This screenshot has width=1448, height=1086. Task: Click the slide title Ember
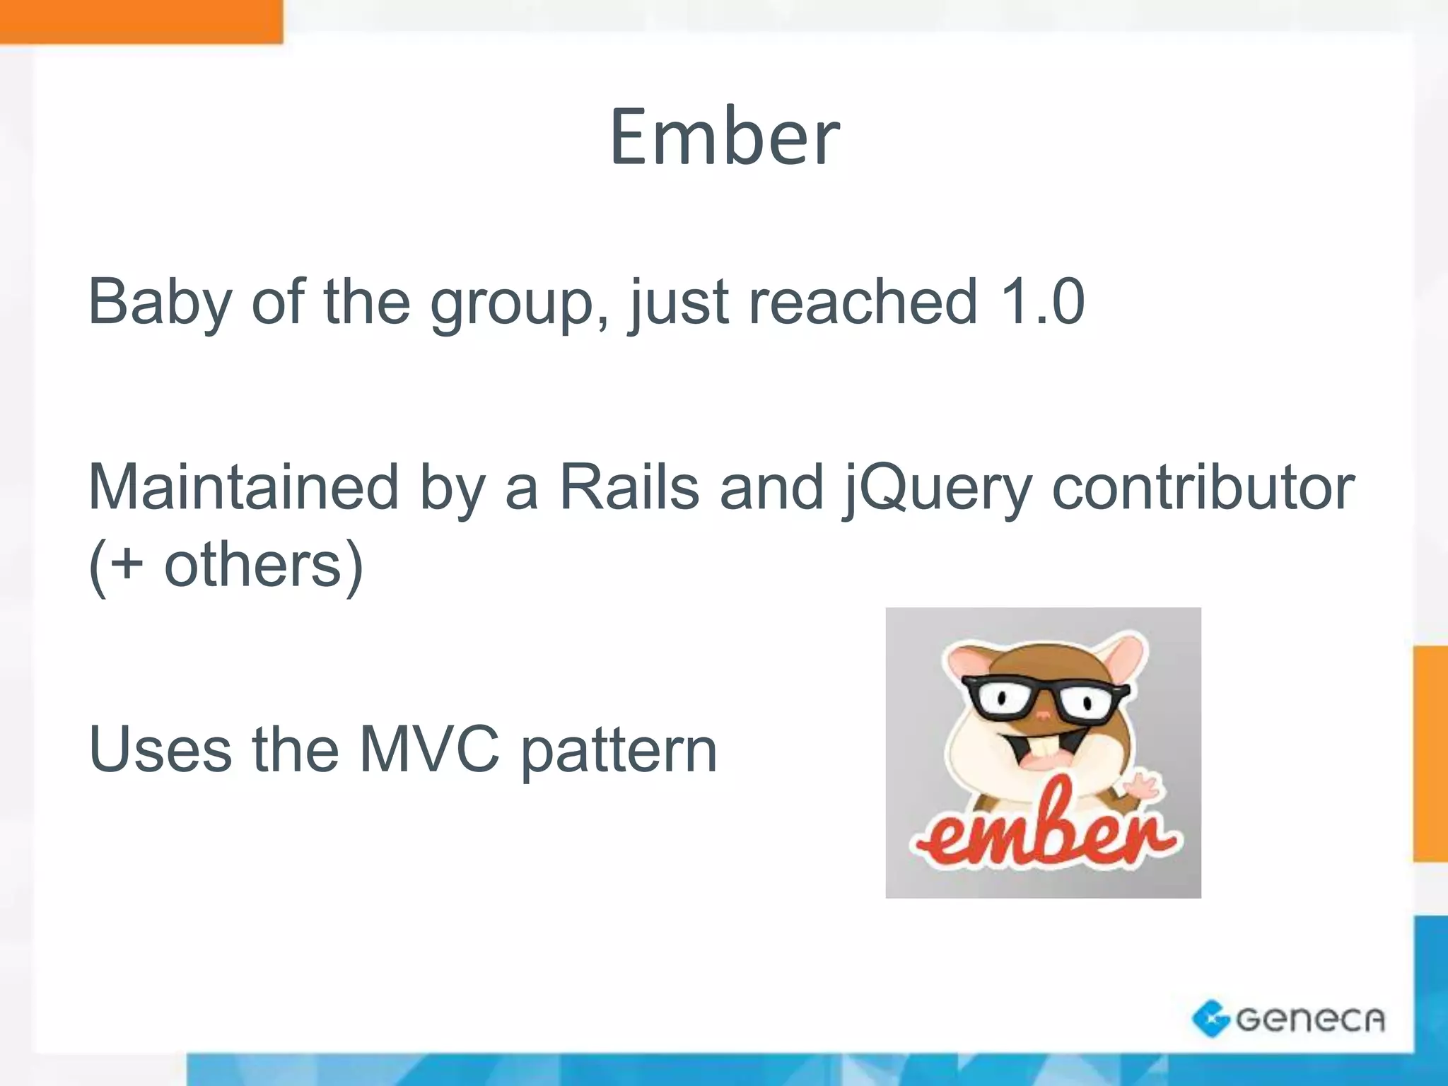pos(724,137)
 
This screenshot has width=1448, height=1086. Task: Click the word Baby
pos(160,303)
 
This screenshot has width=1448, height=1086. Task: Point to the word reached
pos(862,302)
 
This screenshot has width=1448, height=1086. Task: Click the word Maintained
pos(243,487)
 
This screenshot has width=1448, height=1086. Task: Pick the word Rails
pos(629,487)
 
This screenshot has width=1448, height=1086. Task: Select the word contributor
pos(1203,487)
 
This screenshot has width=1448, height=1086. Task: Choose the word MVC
pos(429,749)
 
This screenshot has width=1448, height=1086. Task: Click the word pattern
pos(619,752)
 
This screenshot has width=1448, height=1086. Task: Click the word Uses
pos(160,749)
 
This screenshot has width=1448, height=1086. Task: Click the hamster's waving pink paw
pos(1142,786)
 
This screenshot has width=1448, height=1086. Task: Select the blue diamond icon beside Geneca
pos(1210,1019)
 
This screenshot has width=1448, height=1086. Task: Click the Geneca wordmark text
pos(1310,1020)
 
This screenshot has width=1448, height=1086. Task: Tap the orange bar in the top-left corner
pos(141,21)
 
